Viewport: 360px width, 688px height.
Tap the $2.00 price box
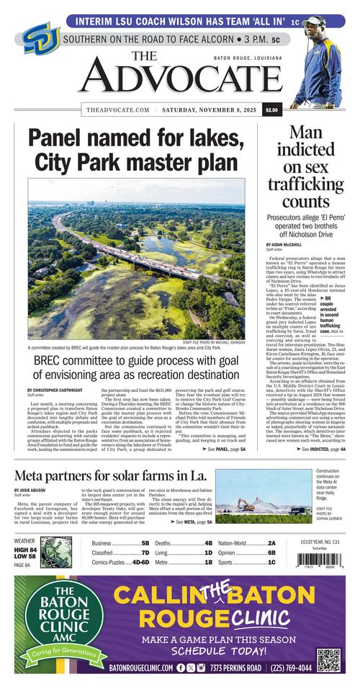coord(271,110)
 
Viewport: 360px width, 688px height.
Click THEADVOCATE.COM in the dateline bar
coord(117,110)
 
